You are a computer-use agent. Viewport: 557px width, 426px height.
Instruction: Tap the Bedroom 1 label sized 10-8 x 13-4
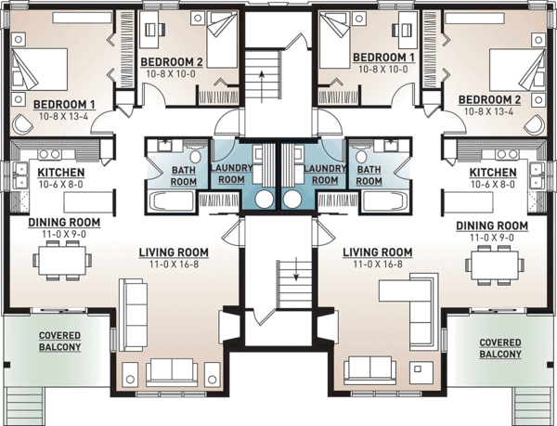[65, 109]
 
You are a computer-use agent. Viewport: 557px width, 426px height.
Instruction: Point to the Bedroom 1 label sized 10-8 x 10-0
[382, 62]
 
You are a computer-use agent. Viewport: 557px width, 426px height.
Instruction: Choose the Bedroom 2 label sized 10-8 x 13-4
[491, 104]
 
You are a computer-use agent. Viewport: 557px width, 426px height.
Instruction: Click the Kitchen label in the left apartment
[61, 178]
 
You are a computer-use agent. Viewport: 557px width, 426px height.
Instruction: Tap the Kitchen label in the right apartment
[493, 178]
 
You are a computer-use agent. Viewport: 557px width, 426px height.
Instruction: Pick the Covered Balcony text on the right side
[499, 348]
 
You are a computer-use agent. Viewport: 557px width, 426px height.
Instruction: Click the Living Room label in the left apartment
[174, 257]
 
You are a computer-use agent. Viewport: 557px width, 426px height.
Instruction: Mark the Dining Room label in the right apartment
[493, 231]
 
